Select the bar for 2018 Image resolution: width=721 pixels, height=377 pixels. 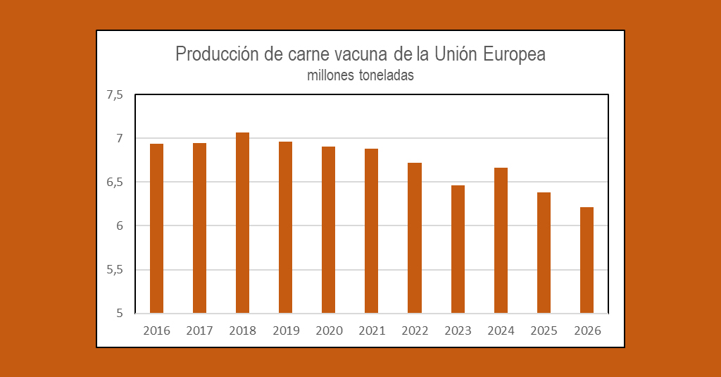tap(242, 223)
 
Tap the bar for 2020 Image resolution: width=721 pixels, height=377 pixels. tap(329, 230)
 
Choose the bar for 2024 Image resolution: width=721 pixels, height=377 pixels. tap(501, 240)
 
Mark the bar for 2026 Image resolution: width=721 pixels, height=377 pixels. tap(587, 260)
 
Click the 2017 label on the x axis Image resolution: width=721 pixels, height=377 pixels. tap(199, 330)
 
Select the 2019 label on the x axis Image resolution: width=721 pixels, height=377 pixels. tap(286, 330)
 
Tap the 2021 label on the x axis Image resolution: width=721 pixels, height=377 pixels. tap(372, 330)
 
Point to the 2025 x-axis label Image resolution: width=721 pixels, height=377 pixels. tap(544, 330)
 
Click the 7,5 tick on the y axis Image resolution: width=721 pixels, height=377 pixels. tap(115, 95)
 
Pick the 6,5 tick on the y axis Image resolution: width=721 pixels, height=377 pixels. tap(115, 183)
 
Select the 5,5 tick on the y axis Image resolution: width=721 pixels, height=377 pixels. tap(115, 270)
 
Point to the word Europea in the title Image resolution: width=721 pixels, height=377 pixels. tap(513, 55)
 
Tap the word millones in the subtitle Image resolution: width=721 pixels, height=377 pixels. tap(330, 75)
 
